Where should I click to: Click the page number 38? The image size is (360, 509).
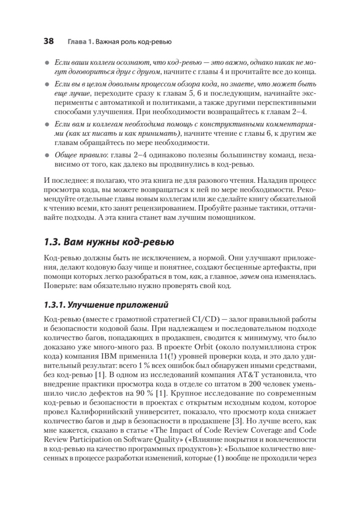[x=48, y=41]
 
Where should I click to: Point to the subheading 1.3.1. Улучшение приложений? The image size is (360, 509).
[x=106, y=304]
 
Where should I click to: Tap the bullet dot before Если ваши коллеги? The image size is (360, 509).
[x=47, y=62]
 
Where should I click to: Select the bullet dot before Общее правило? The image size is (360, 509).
[x=47, y=156]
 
